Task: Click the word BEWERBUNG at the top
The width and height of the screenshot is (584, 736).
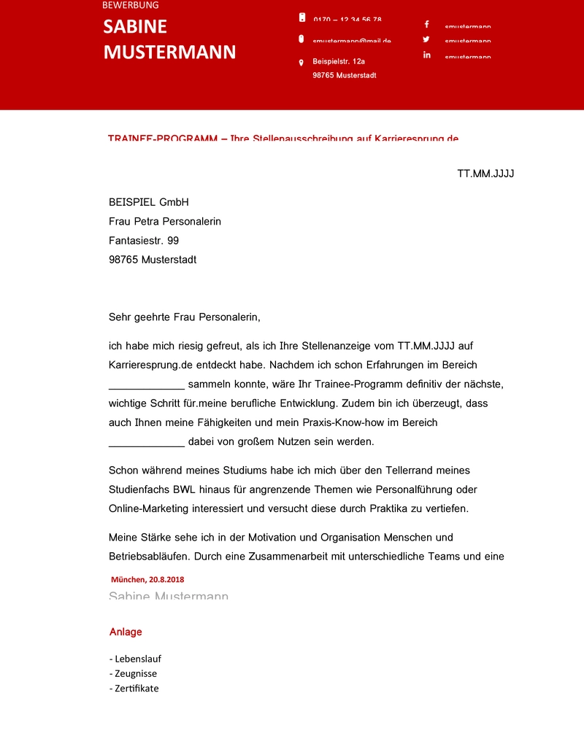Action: [x=131, y=5]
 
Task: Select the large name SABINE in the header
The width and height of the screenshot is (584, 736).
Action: [x=135, y=27]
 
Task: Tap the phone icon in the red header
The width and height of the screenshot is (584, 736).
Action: [x=301, y=18]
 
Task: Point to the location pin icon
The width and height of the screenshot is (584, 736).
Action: [x=301, y=63]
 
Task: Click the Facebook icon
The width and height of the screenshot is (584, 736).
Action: [x=426, y=24]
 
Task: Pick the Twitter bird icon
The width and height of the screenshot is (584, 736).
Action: [x=426, y=39]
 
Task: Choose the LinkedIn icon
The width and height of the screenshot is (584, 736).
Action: [x=426, y=55]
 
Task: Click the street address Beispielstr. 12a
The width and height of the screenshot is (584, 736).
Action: [x=339, y=61]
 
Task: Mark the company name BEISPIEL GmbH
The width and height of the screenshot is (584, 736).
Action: [x=149, y=202]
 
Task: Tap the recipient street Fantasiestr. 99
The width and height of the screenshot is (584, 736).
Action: [x=144, y=240]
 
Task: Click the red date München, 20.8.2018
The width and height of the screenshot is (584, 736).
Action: [x=147, y=579]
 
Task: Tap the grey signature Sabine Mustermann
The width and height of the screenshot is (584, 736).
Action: [x=169, y=595]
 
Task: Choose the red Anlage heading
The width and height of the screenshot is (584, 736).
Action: [x=126, y=632]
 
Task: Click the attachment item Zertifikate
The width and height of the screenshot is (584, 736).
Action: [x=137, y=688]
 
